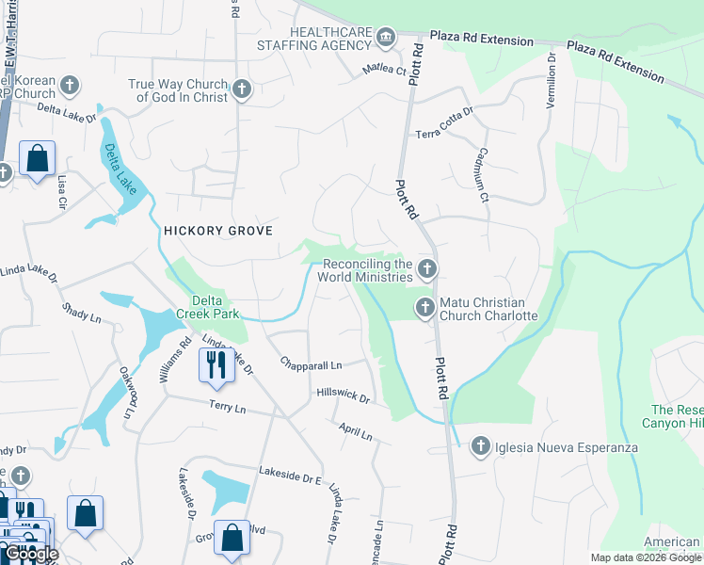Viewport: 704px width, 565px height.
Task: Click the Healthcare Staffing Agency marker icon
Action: (x=385, y=39)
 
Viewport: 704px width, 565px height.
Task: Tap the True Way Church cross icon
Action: (x=242, y=90)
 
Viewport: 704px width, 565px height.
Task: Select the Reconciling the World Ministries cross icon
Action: (x=427, y=270)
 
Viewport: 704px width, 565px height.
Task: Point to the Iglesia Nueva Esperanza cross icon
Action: (x=480, y=446)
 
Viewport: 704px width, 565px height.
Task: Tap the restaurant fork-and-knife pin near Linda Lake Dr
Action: (x=216, y=365)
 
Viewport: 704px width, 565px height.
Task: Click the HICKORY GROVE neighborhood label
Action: (x=218, y=231)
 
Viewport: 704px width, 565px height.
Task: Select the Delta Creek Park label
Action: (x=208, y=307)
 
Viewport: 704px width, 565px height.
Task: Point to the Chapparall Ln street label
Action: (x=311, y=363)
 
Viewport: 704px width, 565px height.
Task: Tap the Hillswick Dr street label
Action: (x=344, y=396)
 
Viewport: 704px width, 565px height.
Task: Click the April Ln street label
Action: (x=356, y=431)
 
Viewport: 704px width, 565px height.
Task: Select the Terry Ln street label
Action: (x=227, y=408)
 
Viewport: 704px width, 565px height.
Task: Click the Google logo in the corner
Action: (x=32, y=555)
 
